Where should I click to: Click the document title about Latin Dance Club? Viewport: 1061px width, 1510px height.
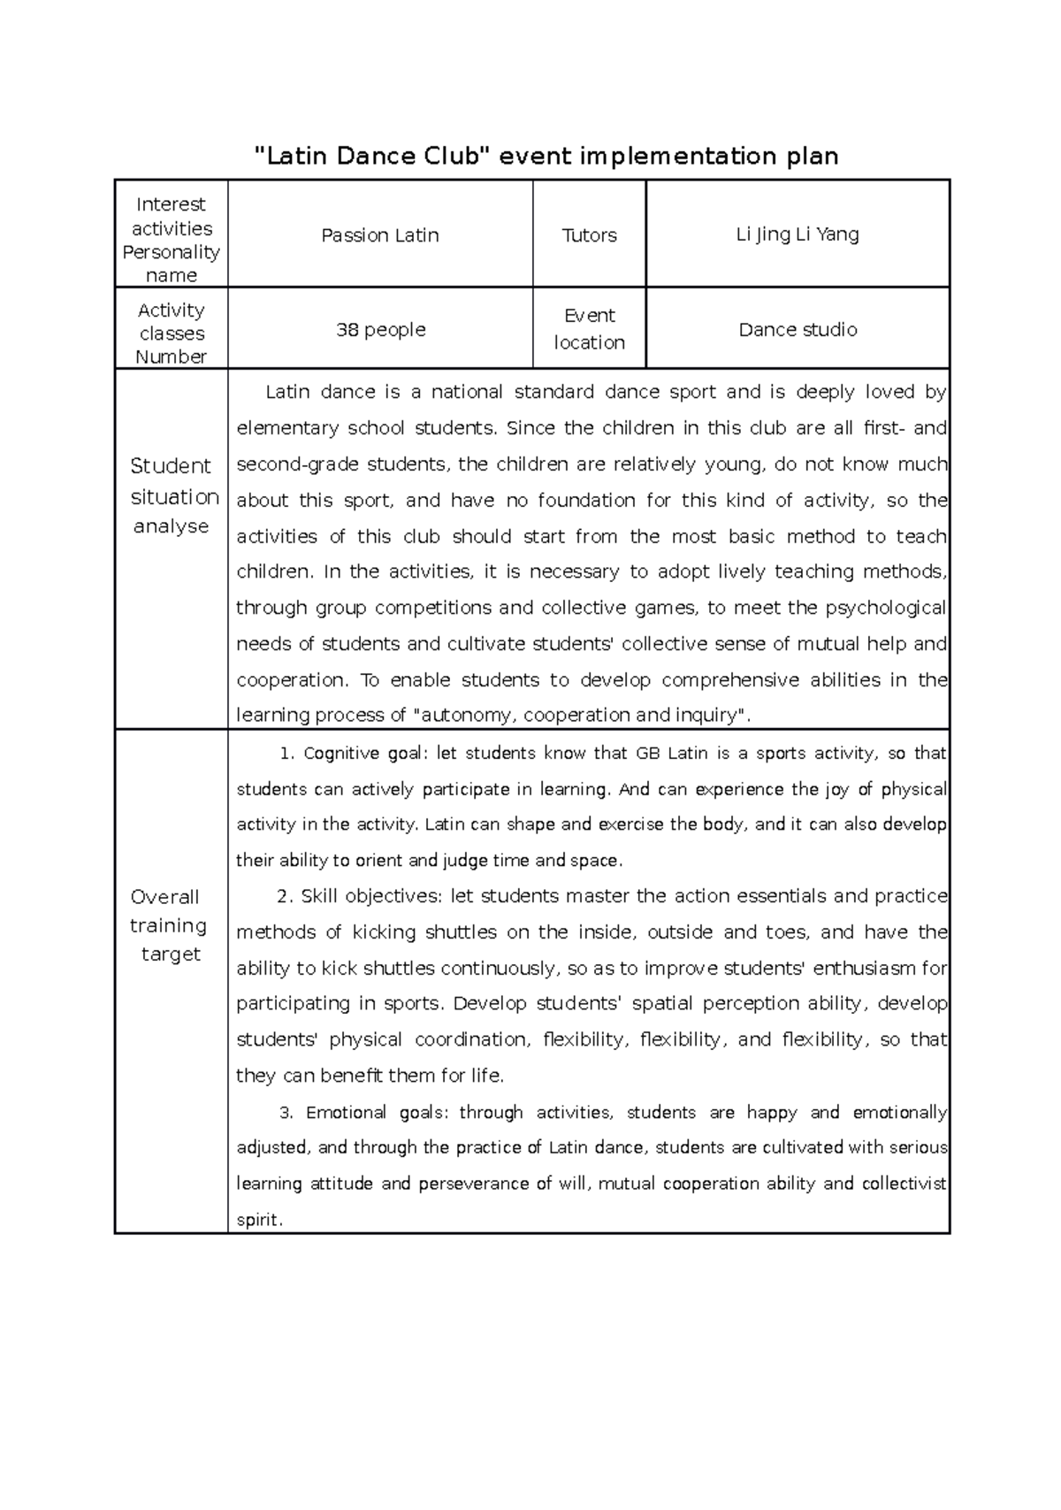click(546, 157)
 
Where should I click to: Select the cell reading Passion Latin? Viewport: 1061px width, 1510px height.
click(380, 235)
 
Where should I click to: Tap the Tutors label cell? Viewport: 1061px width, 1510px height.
click(589, 235)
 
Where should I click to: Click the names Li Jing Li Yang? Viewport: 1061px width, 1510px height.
click(798, 234)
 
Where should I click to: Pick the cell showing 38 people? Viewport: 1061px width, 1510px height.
click(380, 330)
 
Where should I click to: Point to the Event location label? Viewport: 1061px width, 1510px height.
click(589, 329)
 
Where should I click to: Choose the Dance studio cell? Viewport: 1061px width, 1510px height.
click(798, 330)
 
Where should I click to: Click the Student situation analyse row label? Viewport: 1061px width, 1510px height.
click(172, 496)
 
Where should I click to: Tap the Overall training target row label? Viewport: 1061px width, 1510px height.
click(172, 925)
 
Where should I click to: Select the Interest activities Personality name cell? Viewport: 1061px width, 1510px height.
click(172, 240)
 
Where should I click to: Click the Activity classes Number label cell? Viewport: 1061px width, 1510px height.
click(172, 333)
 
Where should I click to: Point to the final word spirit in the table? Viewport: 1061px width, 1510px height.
click(258, 1221)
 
